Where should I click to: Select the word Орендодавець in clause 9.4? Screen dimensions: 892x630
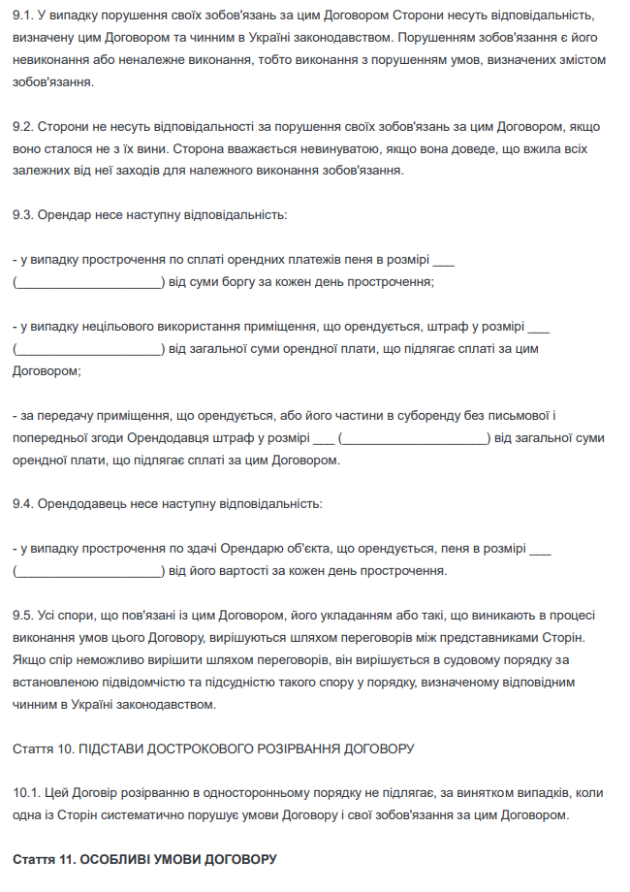(78, 504)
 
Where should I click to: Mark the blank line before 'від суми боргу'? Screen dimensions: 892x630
(88, 283)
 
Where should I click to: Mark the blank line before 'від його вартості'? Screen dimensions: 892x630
(88, 572)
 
